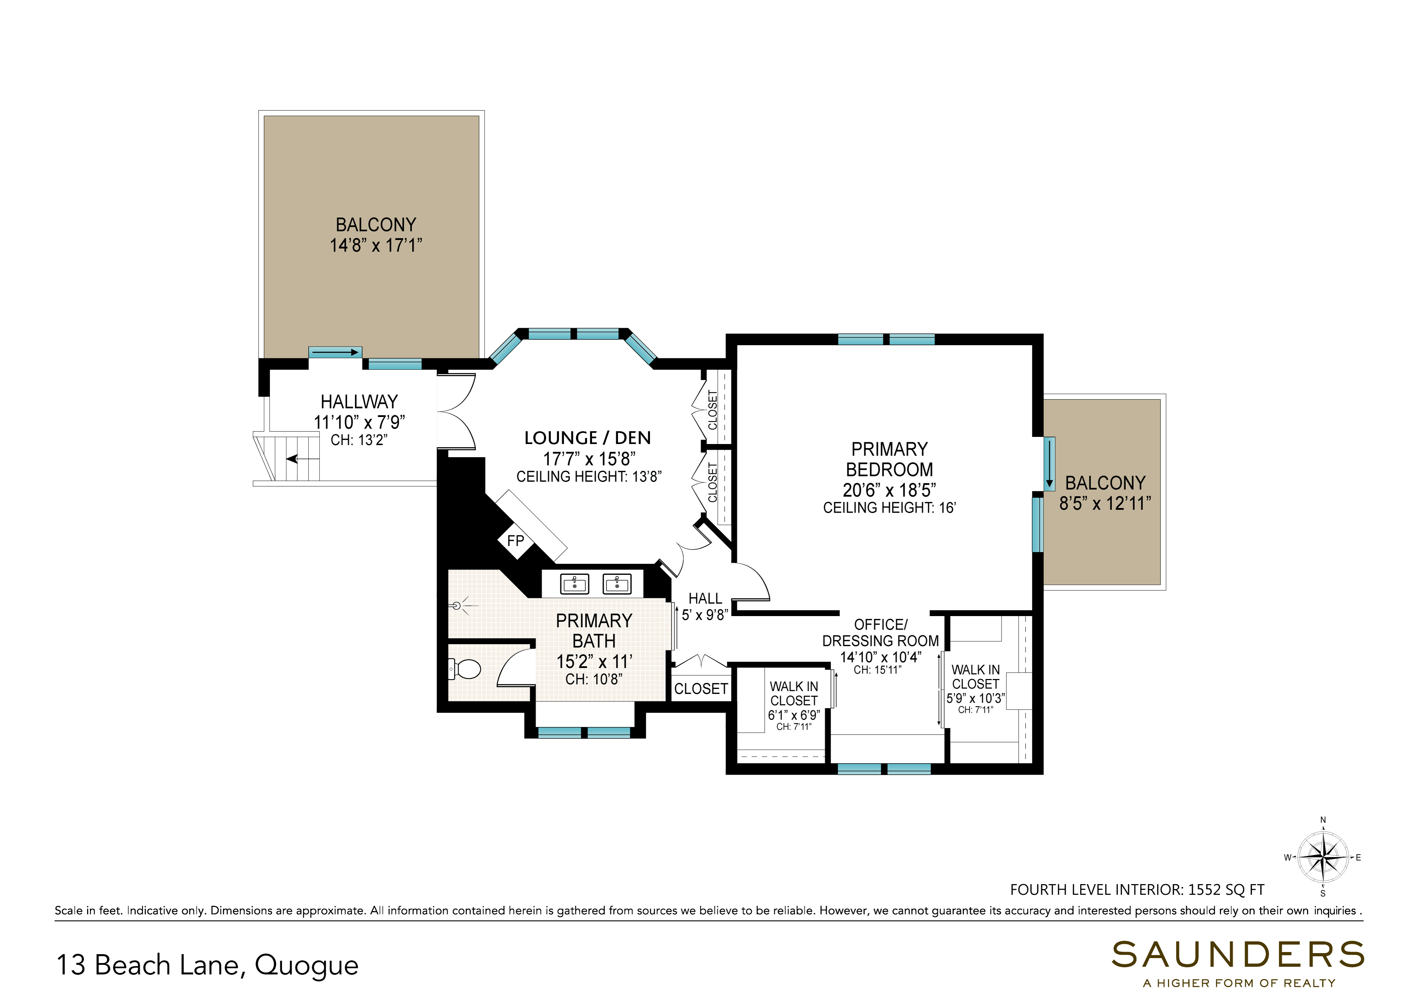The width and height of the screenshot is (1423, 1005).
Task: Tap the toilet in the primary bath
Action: click(x=464, y=669)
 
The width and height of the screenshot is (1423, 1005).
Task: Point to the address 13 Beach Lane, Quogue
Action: click(x=208, y=965)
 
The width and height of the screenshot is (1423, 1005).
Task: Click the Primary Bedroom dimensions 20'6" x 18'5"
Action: click(x=889, y=490)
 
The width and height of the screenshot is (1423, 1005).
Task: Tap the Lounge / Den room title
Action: click(x=587, y=438)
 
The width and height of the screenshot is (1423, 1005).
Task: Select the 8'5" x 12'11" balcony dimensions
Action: click(x=1105, y=503)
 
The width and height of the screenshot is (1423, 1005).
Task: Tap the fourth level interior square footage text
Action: click(x=1137, y=890)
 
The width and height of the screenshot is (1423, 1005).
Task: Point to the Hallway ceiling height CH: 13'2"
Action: click(x=359, y=440)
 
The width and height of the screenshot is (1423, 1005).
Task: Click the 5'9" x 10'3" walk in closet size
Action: click(x=976, y=698)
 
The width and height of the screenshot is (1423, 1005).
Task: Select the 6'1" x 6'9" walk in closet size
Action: click(x=794, y=715)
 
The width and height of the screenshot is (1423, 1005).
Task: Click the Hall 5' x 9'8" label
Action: click(x=705, y=606)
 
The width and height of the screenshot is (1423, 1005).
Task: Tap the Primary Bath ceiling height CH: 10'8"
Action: click(x=594, y=679)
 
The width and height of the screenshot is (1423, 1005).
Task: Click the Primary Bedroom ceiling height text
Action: click(x=889, y=508)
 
